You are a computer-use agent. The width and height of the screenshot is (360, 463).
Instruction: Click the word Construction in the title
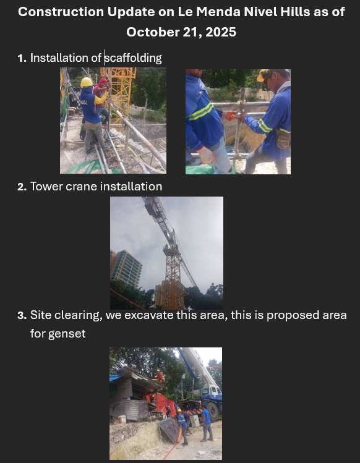tap(61, 12)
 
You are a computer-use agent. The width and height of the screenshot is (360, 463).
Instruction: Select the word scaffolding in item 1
tap(134, 58)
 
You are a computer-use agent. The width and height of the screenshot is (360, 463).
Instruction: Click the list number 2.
tap(22, 187)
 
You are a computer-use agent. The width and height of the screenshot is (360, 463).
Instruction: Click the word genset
tap(67, 334)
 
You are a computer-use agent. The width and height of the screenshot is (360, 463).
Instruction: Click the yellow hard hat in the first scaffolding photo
tap(87, 82)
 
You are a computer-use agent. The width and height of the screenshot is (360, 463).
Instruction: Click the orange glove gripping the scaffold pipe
tap(231, 115)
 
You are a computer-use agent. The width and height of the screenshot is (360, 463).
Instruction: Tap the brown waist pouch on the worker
tap(283, 139)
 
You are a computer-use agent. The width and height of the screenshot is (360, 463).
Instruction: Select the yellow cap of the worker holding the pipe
tap(263, 75)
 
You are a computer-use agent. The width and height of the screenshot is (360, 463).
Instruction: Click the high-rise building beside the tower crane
tap(126, 268)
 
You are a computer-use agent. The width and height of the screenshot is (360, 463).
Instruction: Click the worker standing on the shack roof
tap(160, 376)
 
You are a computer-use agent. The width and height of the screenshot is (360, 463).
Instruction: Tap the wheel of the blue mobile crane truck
tap(213, 411)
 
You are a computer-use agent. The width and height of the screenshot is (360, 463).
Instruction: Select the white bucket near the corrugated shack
tap(122, 419)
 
